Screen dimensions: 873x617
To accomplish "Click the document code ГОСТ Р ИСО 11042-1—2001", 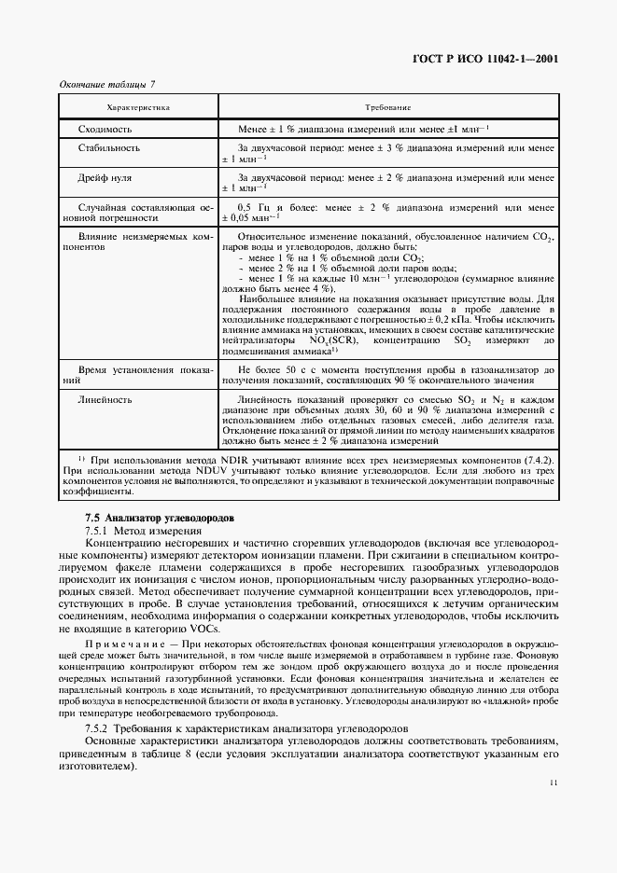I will click(485, 58).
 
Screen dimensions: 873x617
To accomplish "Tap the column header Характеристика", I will click(138, 108).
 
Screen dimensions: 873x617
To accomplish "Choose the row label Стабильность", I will click(109, 147).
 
